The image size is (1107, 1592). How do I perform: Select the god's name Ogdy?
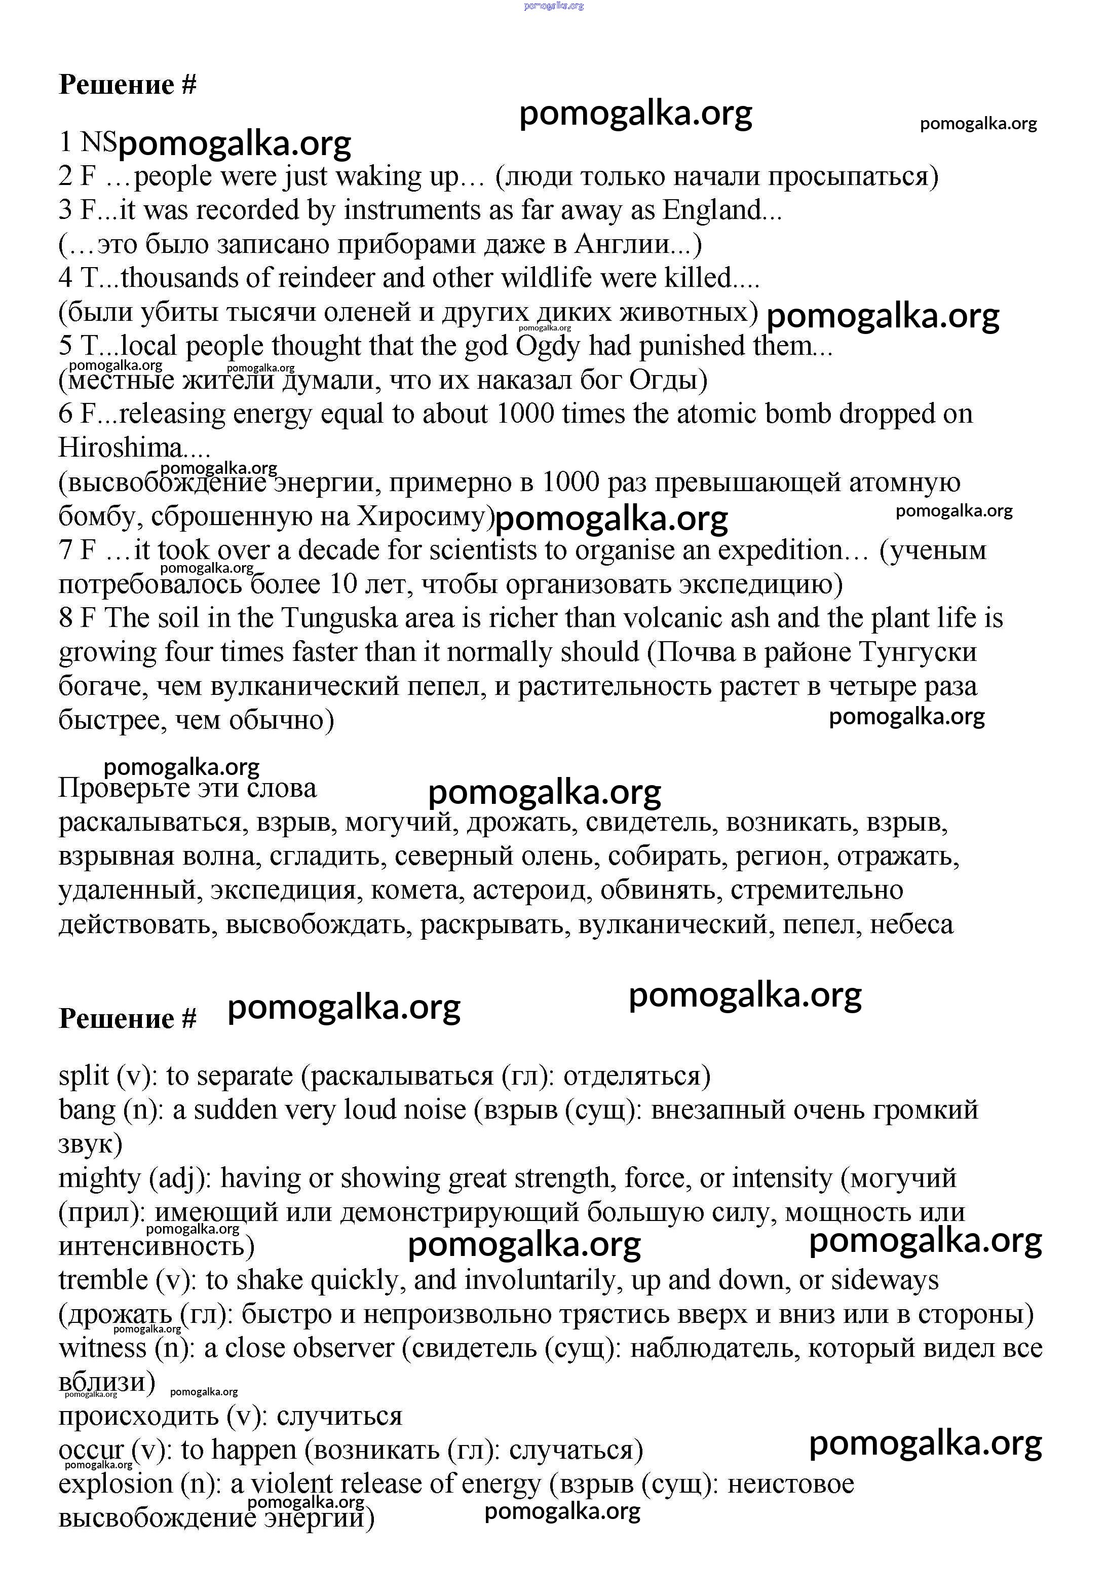548,346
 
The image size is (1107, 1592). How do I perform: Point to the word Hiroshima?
121,448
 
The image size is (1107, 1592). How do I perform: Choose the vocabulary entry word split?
83,1076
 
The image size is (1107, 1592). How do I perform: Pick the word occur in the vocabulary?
91,1450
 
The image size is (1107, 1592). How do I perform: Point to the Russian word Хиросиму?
423,516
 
